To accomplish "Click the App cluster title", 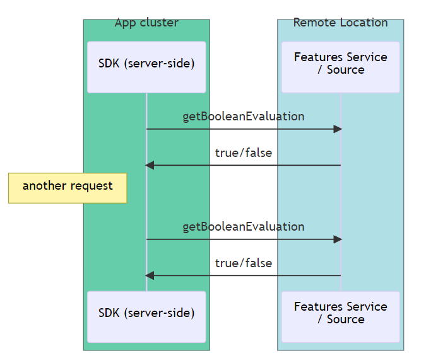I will pyautogui.click(x=146, y=23).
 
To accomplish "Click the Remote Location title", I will pyautogui.click(x=340, y=23).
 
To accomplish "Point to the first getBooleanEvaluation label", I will pyautogui.click(x=243, y=117).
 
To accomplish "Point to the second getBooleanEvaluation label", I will pyautogui.click(x=243, y=227).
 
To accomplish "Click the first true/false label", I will pyautogui.click(x=243, y=153).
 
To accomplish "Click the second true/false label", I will pyautogui.click(x=243, y=263).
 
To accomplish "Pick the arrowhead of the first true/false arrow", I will pyautogui.click(x=150, y=165).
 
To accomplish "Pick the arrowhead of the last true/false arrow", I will pyautogui.click(x=150, y=275).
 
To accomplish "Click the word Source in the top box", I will pyautogui.click(x=346, y=70).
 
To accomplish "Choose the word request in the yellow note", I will pyautogui.click(x=92, y=187).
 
